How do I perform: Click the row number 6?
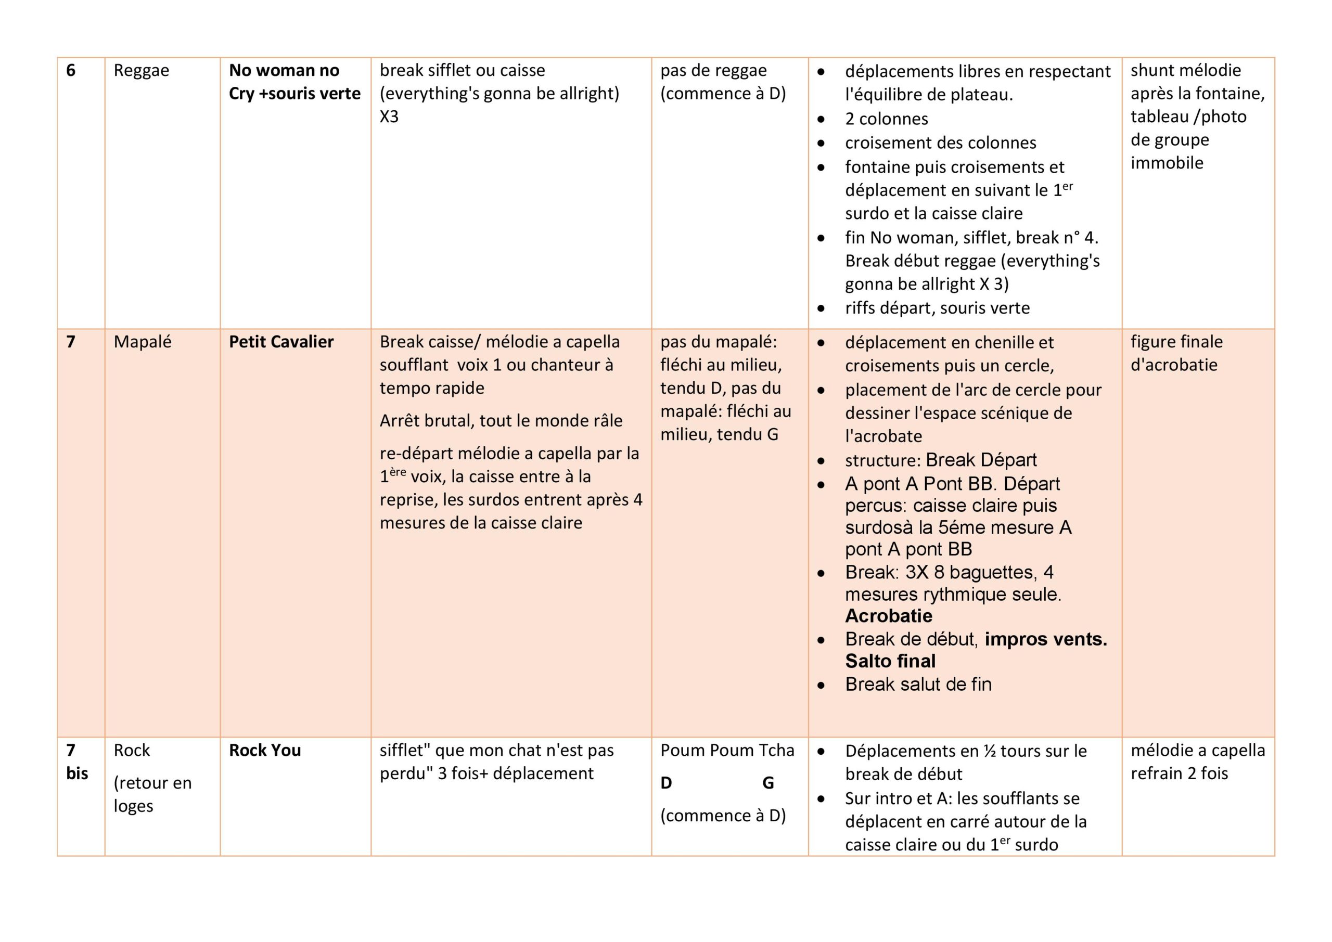71,71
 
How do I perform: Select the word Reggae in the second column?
141,71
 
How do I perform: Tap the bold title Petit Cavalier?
281,342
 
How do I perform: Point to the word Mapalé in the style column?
142,342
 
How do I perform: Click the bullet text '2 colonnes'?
886,119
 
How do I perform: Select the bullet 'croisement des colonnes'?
940,143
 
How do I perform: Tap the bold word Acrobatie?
888,616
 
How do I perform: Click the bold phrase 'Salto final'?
890,661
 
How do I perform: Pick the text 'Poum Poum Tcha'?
727,751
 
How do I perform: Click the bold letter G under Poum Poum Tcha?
767,783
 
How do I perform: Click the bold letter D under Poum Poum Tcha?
666,783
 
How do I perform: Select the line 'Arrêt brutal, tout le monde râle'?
501,420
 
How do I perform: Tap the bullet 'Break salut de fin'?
918,685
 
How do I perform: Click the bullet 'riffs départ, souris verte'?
937,308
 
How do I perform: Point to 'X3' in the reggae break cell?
389,117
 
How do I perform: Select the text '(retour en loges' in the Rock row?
152,795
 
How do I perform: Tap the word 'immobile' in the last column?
1167,163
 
